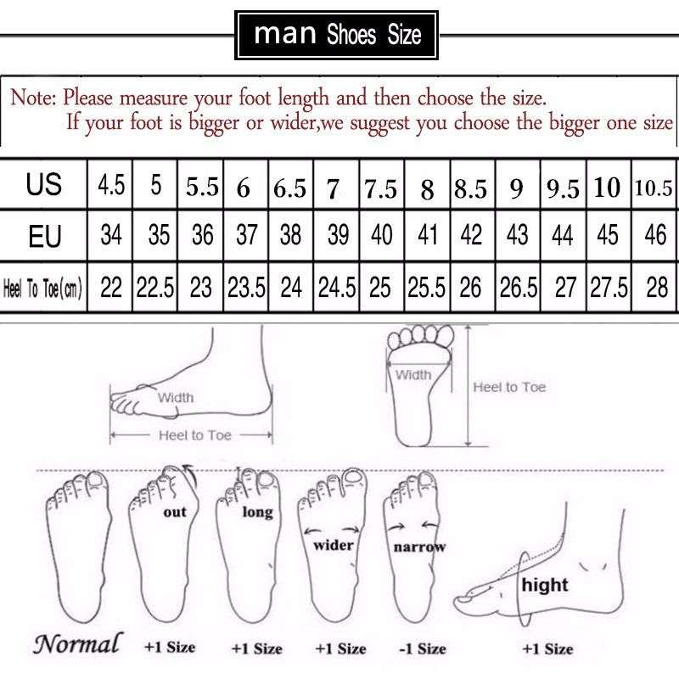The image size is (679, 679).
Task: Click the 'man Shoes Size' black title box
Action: [x=337, y=35]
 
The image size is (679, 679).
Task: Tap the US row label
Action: [x=44, y=184]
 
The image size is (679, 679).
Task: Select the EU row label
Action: [x=44, y=234]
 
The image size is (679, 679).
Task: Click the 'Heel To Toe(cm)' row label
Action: [x=43, y=289]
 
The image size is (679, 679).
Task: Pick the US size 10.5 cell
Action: [x=653, y=187]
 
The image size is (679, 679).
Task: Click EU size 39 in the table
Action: [x=335, y=234]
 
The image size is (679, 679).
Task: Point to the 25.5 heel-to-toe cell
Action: [x=426, y=289]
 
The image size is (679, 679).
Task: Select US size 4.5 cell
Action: [x=111, y=184]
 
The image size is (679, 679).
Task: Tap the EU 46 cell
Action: [x=655, y=234]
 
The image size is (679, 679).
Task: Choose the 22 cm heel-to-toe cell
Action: [x=111, y=289]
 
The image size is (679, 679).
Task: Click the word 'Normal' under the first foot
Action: [x=77, y=643]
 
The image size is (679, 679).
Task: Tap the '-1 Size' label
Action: [x=422, y=648]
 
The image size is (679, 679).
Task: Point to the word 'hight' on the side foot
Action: [x=545, y=585]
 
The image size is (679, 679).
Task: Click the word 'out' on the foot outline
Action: [x=175, y=512]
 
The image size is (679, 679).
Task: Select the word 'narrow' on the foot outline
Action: [x=418, y=547]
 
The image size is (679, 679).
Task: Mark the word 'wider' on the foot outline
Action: [x=334, y=545]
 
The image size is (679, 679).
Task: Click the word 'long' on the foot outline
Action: [x=257, y=512]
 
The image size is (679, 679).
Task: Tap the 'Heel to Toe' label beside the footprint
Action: [x=509, y=387]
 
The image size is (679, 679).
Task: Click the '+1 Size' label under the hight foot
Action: [x=547, y=648]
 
